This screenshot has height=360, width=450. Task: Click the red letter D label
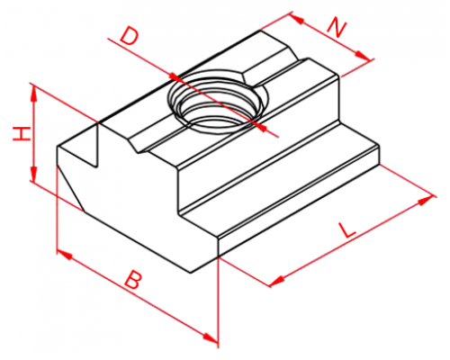point(130,36)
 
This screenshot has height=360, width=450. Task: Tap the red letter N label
point(337,28)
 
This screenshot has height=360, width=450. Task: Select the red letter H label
point(22,134)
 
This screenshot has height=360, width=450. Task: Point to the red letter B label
point(132,280)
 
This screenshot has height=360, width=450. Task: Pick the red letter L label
point(346,230)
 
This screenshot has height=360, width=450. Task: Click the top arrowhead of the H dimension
point(34,94)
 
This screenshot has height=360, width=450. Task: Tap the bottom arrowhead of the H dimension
point(34,173)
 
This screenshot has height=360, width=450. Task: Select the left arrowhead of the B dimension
point(65,255)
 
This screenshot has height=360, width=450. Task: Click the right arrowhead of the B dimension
point(211,337)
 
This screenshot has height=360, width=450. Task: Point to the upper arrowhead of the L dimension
point(426,200)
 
